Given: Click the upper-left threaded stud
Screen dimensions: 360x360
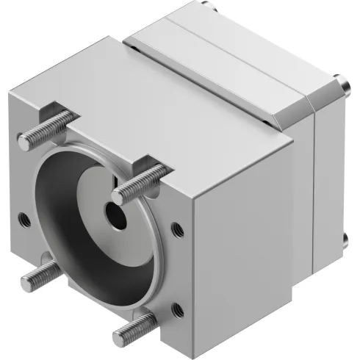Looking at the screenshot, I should (45, 128).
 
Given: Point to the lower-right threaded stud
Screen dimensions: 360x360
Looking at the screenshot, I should (135, 328).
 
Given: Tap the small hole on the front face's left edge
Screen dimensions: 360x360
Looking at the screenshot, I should (24, 217).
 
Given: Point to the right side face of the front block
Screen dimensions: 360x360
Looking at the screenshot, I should (242, 242).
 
